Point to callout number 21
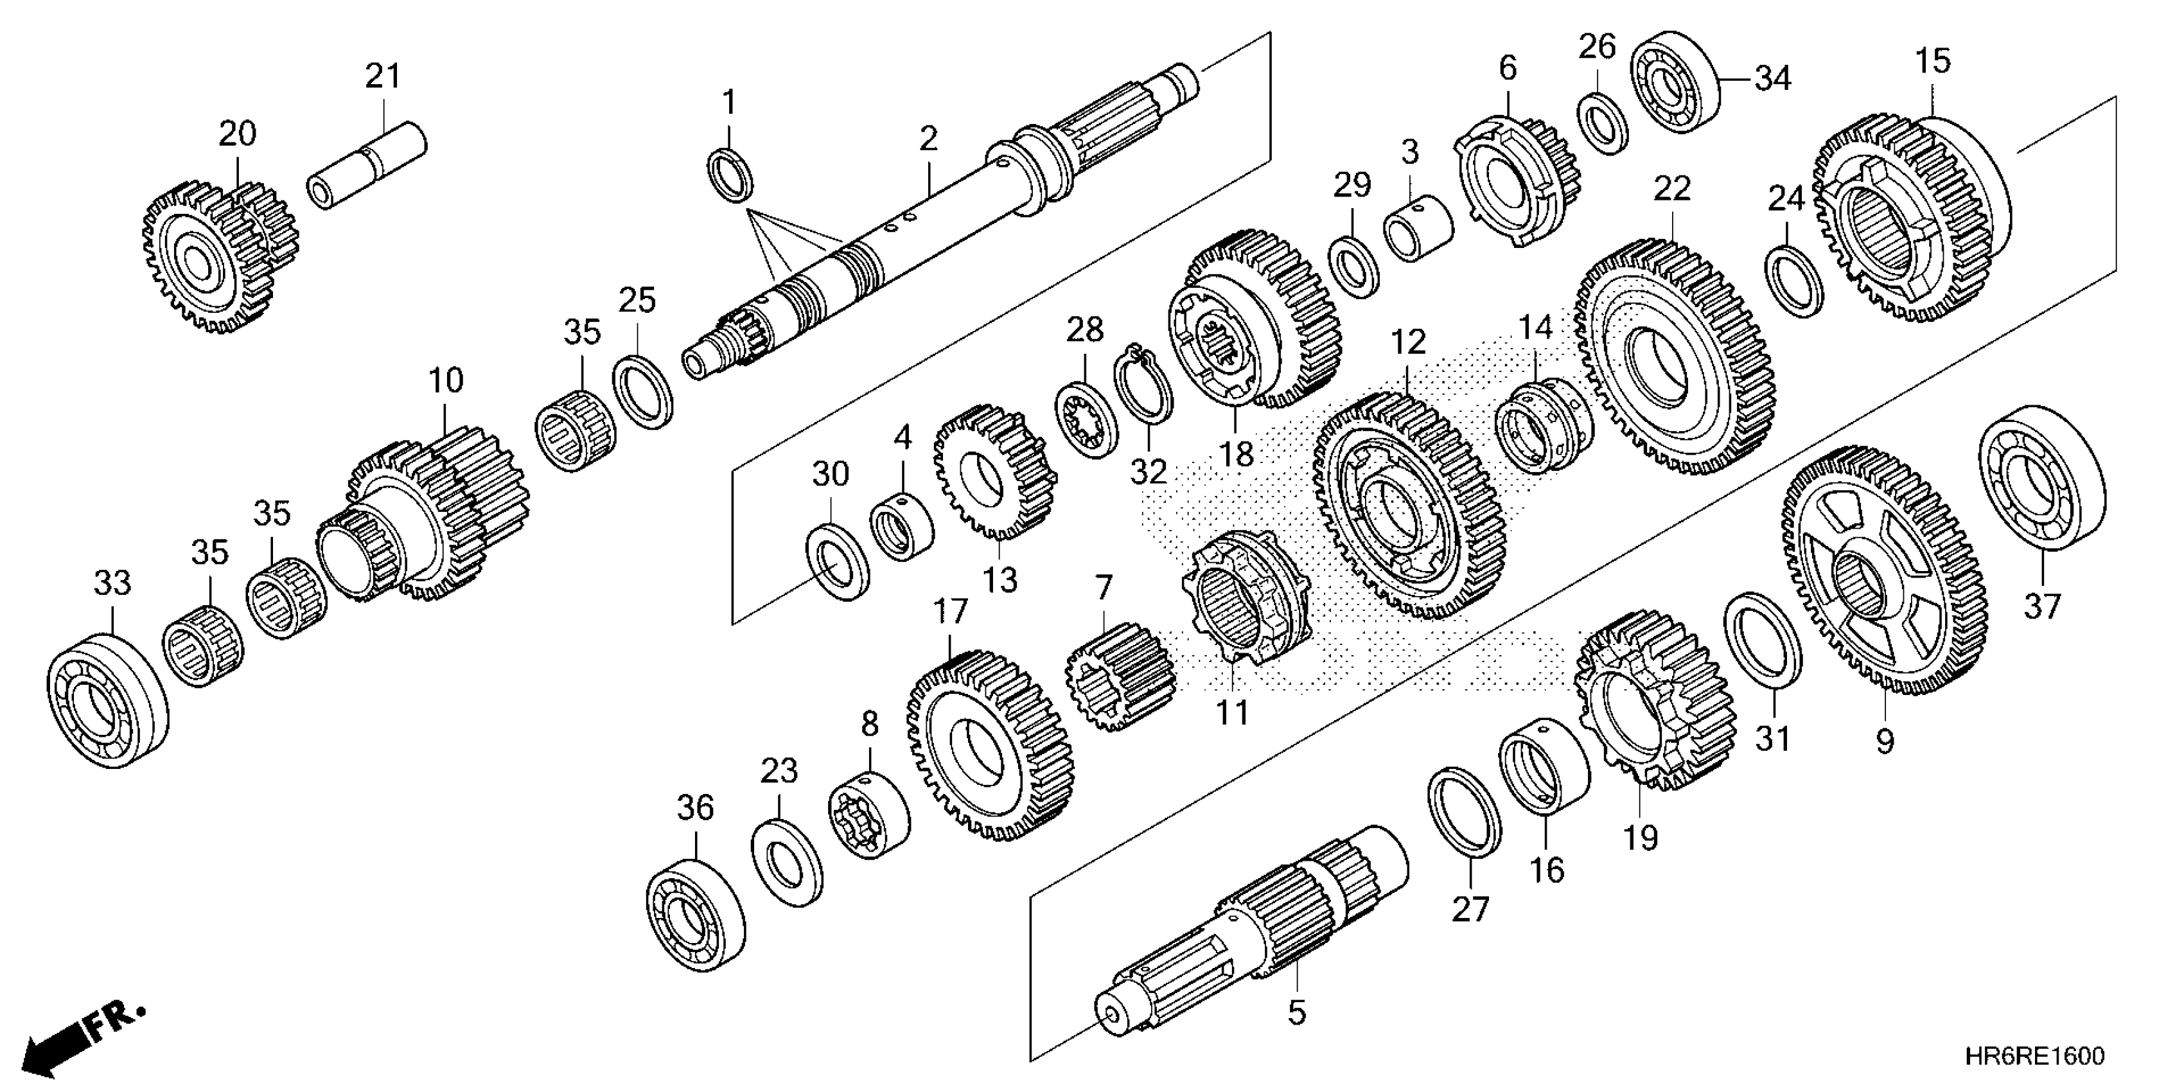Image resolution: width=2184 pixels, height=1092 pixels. click(382, 77)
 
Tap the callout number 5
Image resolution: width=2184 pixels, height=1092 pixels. click(1296, 1012)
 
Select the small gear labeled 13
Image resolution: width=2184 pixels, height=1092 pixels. click(994, 471)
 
